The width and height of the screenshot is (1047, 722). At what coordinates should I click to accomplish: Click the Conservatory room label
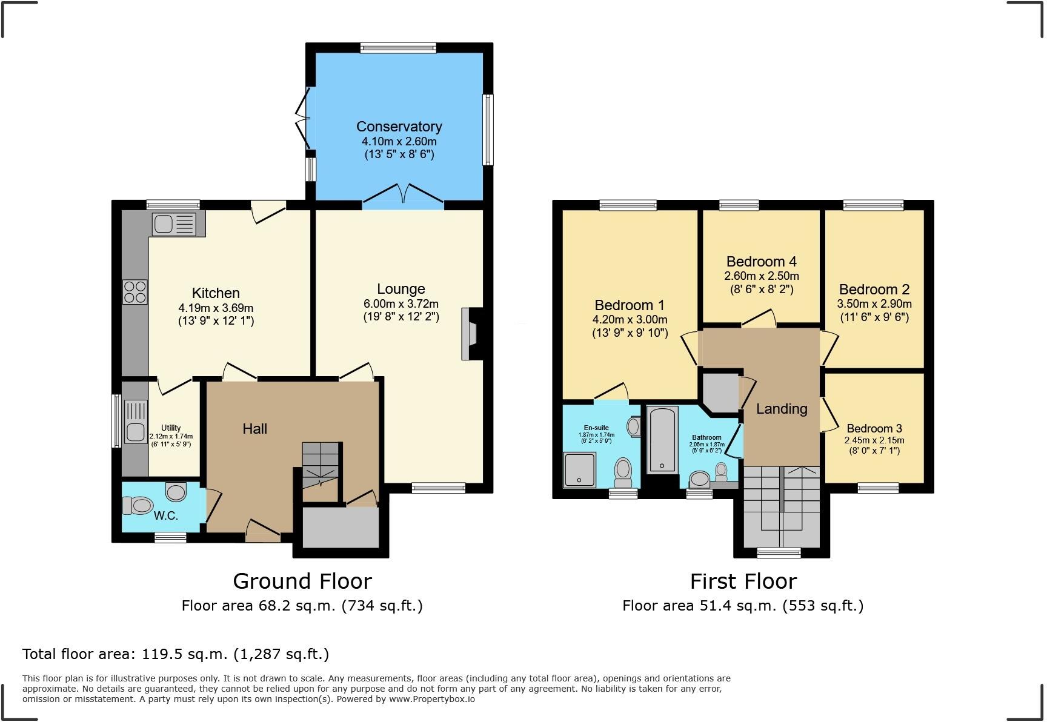click(399, 127)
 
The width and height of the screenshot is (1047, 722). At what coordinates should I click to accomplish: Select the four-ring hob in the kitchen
click(135, 291)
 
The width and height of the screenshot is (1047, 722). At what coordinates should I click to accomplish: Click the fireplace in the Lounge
click(470, 334)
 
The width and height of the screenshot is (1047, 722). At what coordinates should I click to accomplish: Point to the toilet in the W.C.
click(138, 505)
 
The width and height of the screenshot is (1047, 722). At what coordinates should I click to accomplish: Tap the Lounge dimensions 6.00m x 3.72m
click(401, 303)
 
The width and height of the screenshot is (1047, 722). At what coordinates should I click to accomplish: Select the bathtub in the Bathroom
click(662, 440)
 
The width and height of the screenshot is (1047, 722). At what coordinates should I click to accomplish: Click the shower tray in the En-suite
click(579, 470)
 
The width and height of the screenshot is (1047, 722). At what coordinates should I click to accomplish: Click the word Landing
click(782, 409)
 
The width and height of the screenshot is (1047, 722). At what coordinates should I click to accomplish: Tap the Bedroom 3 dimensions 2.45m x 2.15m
click(874, 440)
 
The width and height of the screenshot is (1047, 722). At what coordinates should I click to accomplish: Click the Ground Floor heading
click(302, 581)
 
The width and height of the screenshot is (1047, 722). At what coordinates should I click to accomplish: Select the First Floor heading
click(743, 581)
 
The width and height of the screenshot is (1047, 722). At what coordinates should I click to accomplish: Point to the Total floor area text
click(176, 654)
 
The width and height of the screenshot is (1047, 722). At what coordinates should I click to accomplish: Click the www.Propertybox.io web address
click(431, 699)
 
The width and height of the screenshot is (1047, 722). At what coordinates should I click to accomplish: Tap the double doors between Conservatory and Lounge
click(403, 196)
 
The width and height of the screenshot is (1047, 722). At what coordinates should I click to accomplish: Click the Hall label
click(254, 429)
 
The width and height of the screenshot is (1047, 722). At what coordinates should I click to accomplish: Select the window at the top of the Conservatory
click(398, 48)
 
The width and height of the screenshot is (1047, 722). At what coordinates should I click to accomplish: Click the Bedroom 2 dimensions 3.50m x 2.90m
click(874, 303)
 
